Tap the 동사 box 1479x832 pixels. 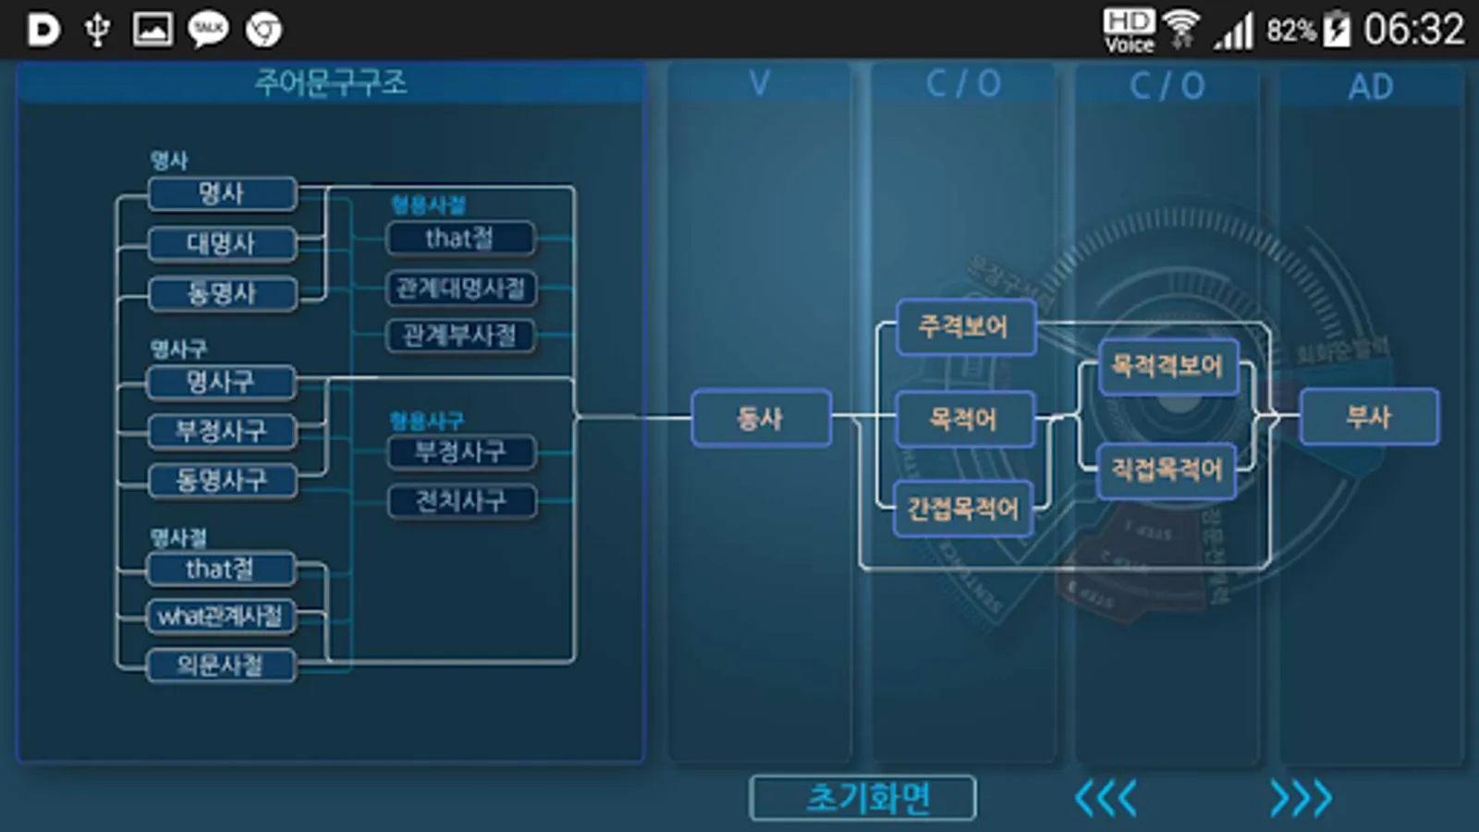pyautogui.click(x=760, y=419)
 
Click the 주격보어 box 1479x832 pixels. pyautogui.click(x=964, y=326)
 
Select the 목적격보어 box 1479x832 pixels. pyautogui.click(x=1167, y=366)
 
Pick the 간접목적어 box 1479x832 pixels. pyautogui.click(x=962, y=508)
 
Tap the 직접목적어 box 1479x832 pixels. pyautogui.click(x=1167, y=471)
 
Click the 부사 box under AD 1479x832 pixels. pyautogui.click(x=1368, y=417)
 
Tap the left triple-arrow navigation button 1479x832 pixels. pyautogui.click(x=1106, y=798)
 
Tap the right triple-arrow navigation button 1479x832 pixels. pyautogui.click(x=1301, y=798)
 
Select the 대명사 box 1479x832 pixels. pyautogui.click(x=221, y=244)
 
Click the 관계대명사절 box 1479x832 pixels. pyautogui.click(x=460, y=288)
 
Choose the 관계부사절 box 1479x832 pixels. pyautogui.click(x=460, y=336)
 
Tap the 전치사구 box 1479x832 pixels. pyautogui.click(x=460, y=501)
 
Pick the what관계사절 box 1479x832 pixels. pyautogui.click(x=220, y=617)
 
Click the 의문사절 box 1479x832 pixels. pyautogui.click(x=220, y=666)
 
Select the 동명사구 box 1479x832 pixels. pyautogui.click(x=221, y=481)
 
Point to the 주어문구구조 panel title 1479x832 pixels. pyautogui.click(x=330, y=83)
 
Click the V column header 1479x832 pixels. pyautogui.click(x=759, y=84)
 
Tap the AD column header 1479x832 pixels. pyautogui.click(x=1370, y=87)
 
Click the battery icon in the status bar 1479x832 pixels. pyautogui.click(x=1337, y=30)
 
